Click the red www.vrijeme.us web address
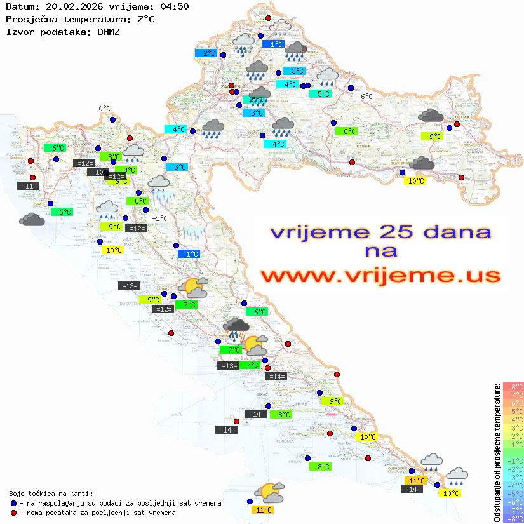[x=380, y=276]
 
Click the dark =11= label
[x=29, y=186]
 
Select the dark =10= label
[x=97, y=172]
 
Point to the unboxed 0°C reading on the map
[x=104, y=109]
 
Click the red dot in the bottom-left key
[x=14, y=513]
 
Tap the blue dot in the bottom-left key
[x=14, y=503]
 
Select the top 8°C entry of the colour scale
[x=513, y=386]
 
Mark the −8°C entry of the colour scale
[x=513, y=518]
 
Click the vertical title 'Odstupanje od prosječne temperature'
[x=497, y=452]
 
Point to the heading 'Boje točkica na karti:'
[x=51, y=494]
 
